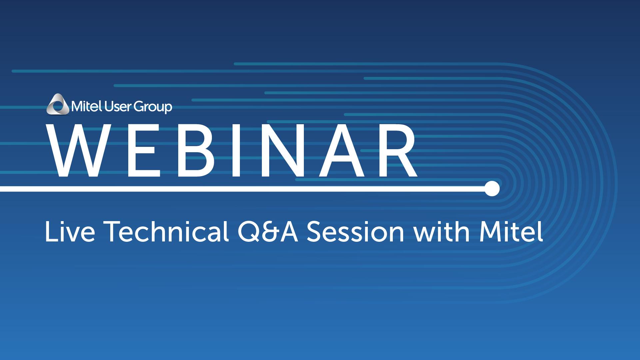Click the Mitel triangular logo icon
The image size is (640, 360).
click(58, 104)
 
